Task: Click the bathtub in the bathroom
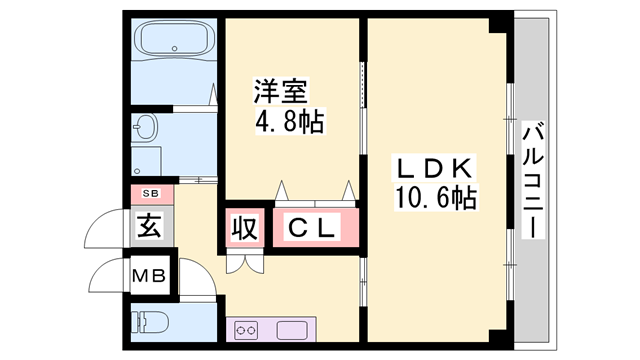click(175, 41)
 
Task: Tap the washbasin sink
click(147, 128)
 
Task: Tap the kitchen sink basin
click(292, 329)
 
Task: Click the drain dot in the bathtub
click(175, 48)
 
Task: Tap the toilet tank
click(136, 323)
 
